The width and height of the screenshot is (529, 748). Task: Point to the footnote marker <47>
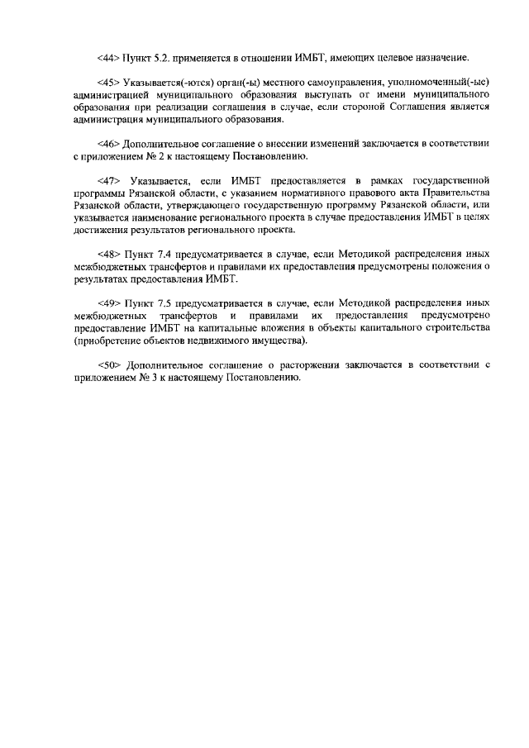[x=108, y=179]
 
